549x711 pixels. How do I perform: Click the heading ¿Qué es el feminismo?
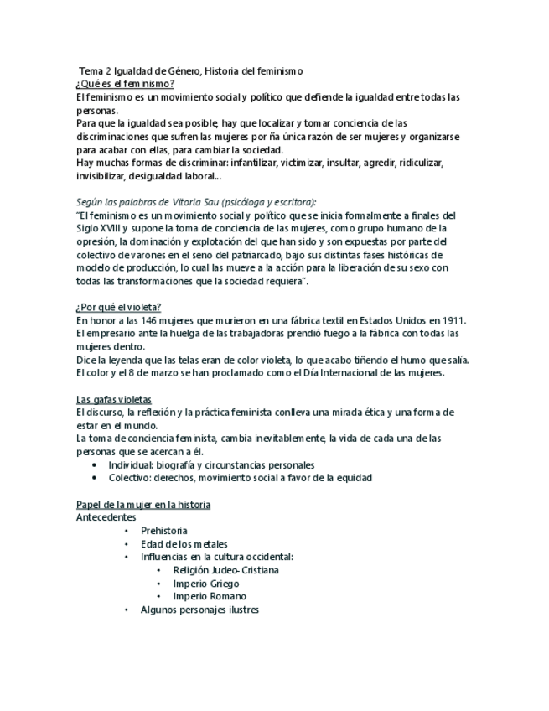(x=125, y=84)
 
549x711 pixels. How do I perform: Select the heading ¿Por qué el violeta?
(x=119, y=307)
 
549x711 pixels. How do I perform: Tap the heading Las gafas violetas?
(x=114, y=399)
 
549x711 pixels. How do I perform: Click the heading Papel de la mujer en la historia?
(x=142, y=505)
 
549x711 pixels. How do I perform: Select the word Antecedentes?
(x=106, y=517)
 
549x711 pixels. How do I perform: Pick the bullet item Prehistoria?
(x=164, y=531)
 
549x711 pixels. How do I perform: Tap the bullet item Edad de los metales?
(x=184, y=544)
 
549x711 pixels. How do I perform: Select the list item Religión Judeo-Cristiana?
(x=225, y=570)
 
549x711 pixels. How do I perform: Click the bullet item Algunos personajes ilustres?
(x=199, y=610)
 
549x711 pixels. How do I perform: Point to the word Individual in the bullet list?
(x=132, y=464)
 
